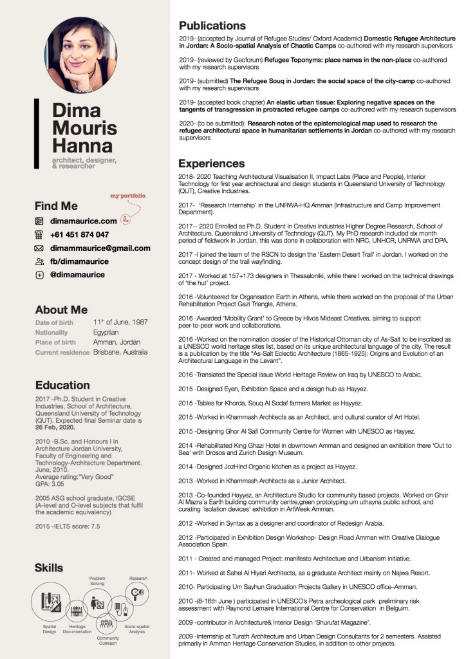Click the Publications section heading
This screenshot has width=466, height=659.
pos(212,26)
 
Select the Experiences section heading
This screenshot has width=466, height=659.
pos(211,163)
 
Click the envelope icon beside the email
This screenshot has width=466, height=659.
pos(39,248)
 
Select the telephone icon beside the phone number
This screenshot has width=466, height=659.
pos(39,235)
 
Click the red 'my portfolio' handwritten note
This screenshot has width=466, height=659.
pos(127,195)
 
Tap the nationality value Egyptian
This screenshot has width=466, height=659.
pos(106,332)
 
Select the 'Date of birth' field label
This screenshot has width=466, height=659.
pos(55,322)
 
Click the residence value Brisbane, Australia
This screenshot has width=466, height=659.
pos(120,353)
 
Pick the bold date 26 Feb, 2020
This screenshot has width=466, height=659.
pos(55,427)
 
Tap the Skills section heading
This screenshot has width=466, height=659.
pos(49,568)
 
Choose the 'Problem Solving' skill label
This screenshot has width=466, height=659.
pos(98,581)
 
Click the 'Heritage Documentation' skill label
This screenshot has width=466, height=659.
pos(77,628)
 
